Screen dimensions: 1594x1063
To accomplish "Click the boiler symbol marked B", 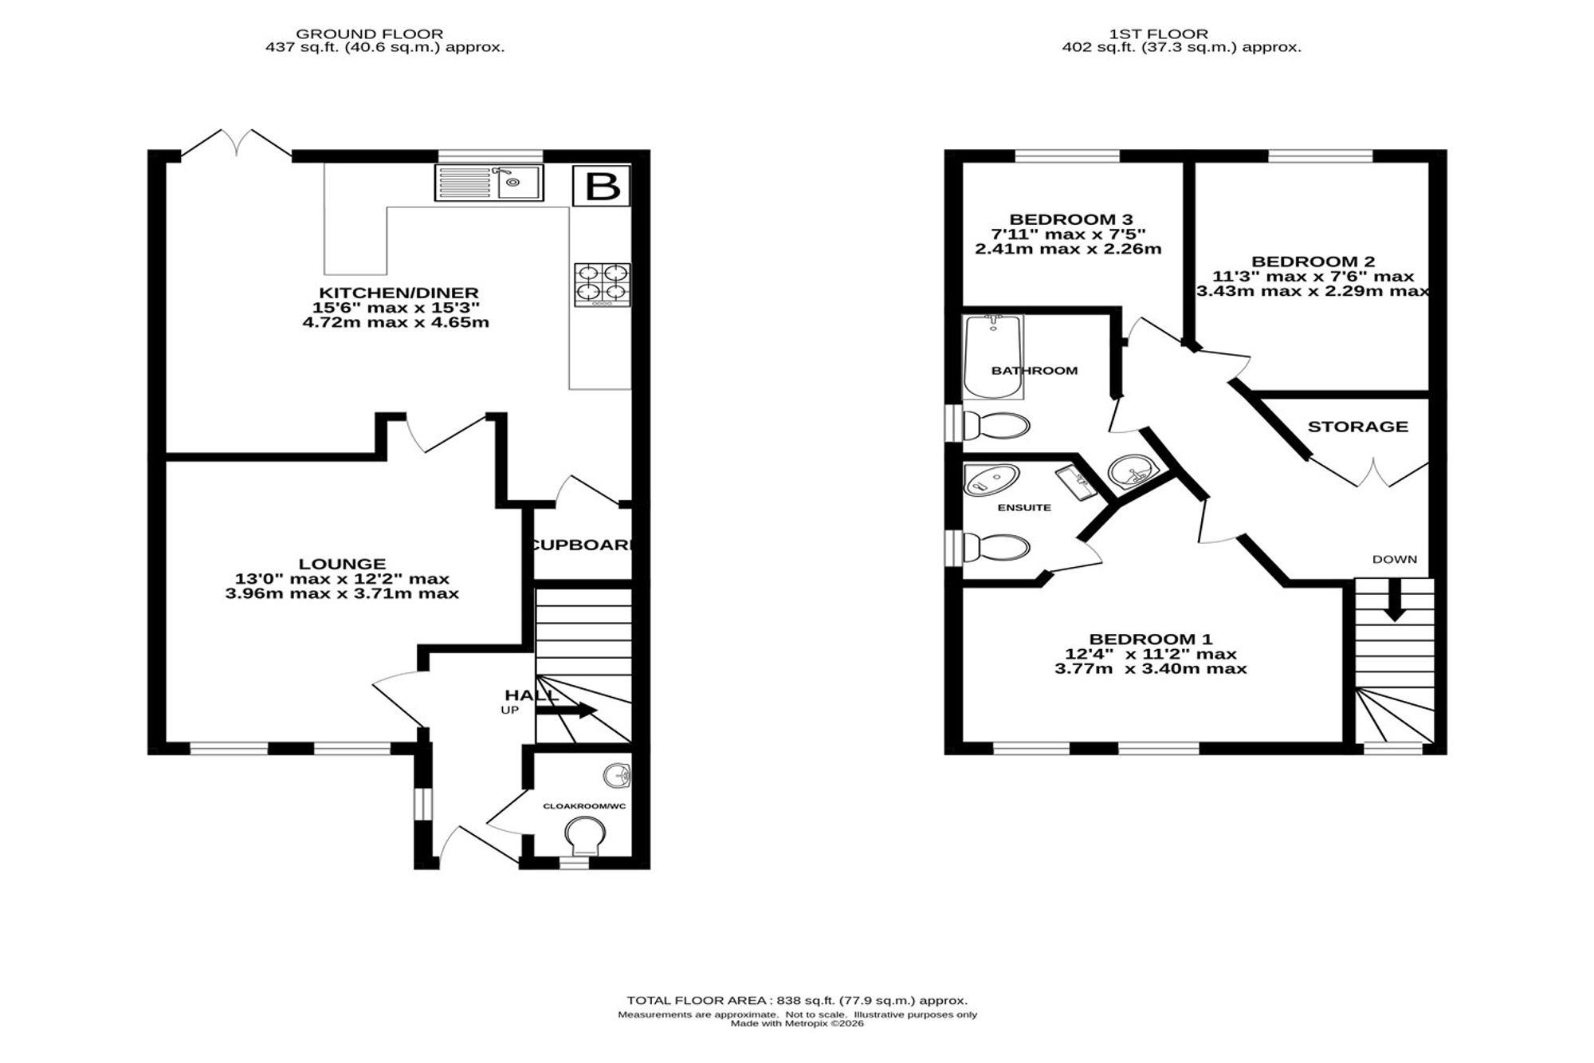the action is pos(602,187).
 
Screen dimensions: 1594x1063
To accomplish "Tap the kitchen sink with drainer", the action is pos(489,183).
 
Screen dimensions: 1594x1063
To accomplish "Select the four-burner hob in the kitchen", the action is pos(602,285).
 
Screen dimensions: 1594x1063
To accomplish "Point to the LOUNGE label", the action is pos(343,564).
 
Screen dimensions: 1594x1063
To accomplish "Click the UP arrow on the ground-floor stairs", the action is pos(567,710).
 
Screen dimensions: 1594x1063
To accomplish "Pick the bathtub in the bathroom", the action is pos(992,357).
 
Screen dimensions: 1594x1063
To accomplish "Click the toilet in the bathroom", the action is pos(995,425).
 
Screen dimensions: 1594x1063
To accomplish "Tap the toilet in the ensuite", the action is pos(995,548).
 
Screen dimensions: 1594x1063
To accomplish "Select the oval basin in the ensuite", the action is pos(991,480).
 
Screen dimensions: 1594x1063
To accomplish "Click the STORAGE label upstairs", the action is pos(1358,427).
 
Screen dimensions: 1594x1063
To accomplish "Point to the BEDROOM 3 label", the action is pos(1071,219).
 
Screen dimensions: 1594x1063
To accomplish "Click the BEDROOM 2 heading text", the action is pos(1313,262).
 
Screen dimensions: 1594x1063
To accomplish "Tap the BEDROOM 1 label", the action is pos(1151,639).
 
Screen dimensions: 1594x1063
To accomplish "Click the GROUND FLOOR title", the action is pos(370,34).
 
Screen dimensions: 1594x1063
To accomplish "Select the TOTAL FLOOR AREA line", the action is pos(797,1000).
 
